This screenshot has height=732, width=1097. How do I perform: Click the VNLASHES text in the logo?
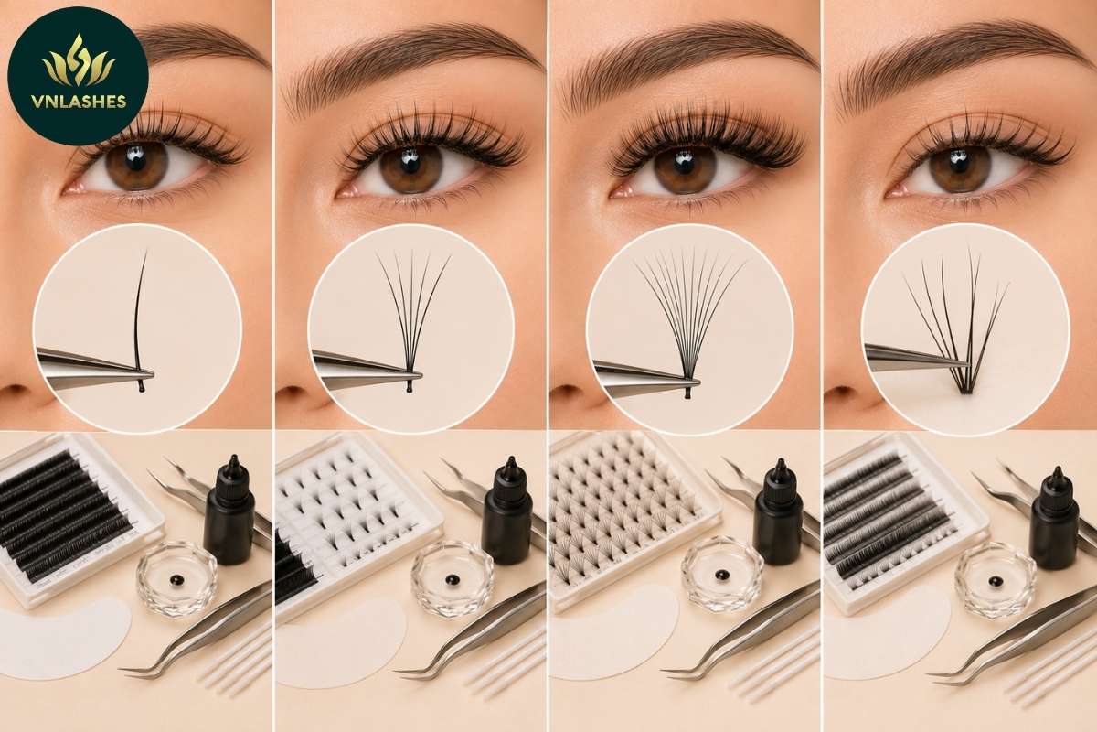coord(79,102)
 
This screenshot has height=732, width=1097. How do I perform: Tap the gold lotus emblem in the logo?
coord(79,61)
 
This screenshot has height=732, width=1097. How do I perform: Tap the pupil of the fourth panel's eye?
coord(958,162)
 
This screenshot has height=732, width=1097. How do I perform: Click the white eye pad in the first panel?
coord(64,638)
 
